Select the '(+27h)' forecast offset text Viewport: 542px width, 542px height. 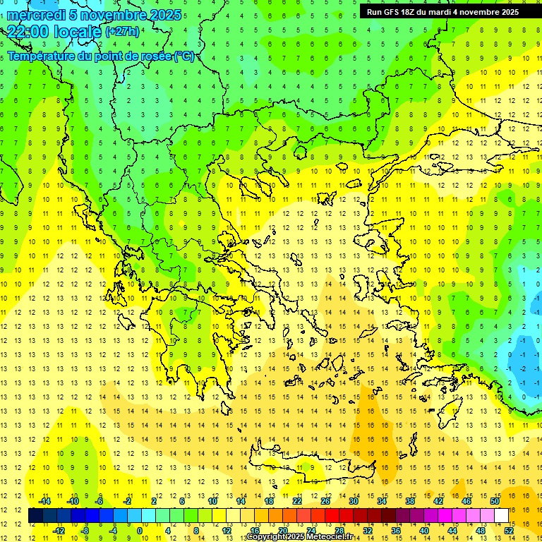coord(122,32)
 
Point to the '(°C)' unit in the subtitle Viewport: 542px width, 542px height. coord(184,56)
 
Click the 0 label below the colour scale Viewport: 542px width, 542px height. coord(140,530)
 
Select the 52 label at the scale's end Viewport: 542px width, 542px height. coord(509,530)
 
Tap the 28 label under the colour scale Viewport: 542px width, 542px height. coord(339,530)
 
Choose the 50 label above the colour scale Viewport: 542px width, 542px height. coord(495,501)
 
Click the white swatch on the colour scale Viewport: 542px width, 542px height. coord(501,516)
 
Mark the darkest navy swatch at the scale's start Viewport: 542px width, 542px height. coord(35,516)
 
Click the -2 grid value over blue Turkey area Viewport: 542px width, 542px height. coord(523,368)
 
